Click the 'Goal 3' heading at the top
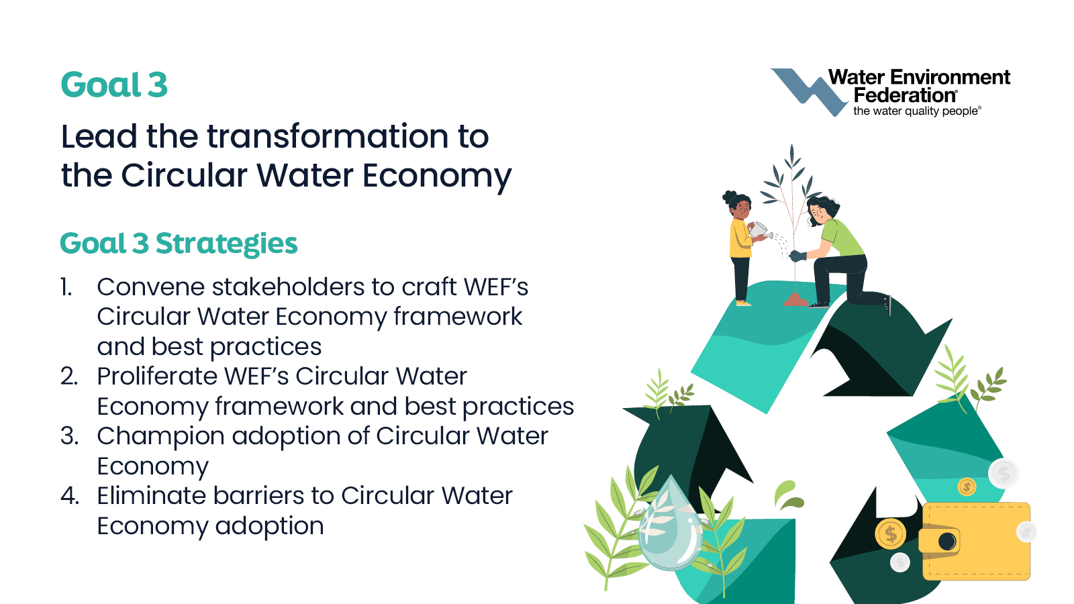[x=114, y=85]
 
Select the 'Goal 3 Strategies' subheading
[x=179, y=244]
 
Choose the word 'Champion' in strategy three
[x=160, y=437]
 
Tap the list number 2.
[x=69, y=376]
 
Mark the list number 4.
[x=70, y=496]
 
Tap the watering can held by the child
[x=760, y=230]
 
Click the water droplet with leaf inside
[x=671, y=524]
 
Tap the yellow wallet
[x=976, y=541]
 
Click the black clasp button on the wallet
[x=947, y=542]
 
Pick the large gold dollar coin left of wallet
[x=890, y=534]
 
